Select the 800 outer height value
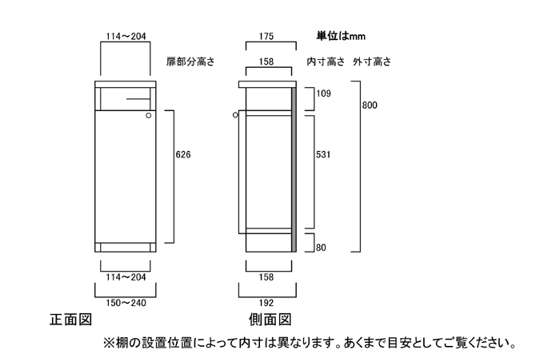click(369, 105)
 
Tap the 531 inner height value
click(323, 153)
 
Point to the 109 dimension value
click(323, 94)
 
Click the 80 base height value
click(321, 248)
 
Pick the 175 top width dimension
click(267, 36)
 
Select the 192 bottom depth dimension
click(267, 303)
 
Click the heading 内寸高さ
click(326, 62)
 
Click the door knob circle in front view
click(149, 117)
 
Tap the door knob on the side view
click(236, 117)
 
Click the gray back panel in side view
click(294, 168)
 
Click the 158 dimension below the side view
click(267, 277)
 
